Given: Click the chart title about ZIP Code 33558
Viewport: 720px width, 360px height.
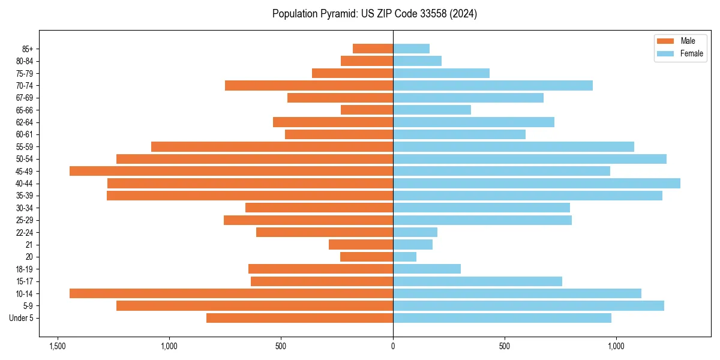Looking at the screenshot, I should click(374, 14).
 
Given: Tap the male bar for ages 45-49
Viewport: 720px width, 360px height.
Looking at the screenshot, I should click(231, 171).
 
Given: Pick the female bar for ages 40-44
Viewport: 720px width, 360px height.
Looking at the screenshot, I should click(536, 183).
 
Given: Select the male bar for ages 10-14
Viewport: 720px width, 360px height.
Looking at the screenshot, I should click(231, 293).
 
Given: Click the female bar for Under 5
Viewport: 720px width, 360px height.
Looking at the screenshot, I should click(502, 318).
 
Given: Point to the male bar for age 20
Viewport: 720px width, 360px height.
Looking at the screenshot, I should click(367, 257).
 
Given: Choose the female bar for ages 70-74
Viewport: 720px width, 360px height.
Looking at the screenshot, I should click(493, 85).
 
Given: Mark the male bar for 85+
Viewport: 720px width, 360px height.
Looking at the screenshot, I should click(373, 49).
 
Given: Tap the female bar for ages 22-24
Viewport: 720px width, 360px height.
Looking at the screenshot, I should click(415, 232).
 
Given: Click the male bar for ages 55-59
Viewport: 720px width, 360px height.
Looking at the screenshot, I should click(272, 146).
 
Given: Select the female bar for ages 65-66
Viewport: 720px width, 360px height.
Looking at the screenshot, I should click(432, 110).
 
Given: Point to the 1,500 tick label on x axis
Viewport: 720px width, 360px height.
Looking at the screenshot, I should click(58, 346).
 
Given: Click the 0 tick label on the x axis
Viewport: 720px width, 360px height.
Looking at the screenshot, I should click(393, 346).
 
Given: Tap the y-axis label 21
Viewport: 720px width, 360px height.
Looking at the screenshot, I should click(29, 245).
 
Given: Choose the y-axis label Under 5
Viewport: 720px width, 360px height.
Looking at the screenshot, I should click(22, 318).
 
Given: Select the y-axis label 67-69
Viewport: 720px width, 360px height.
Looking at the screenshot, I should click(25, 98).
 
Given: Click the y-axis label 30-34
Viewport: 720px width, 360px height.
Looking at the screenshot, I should click(25, 208).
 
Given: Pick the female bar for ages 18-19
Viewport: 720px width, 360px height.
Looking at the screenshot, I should click(427, 269).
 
